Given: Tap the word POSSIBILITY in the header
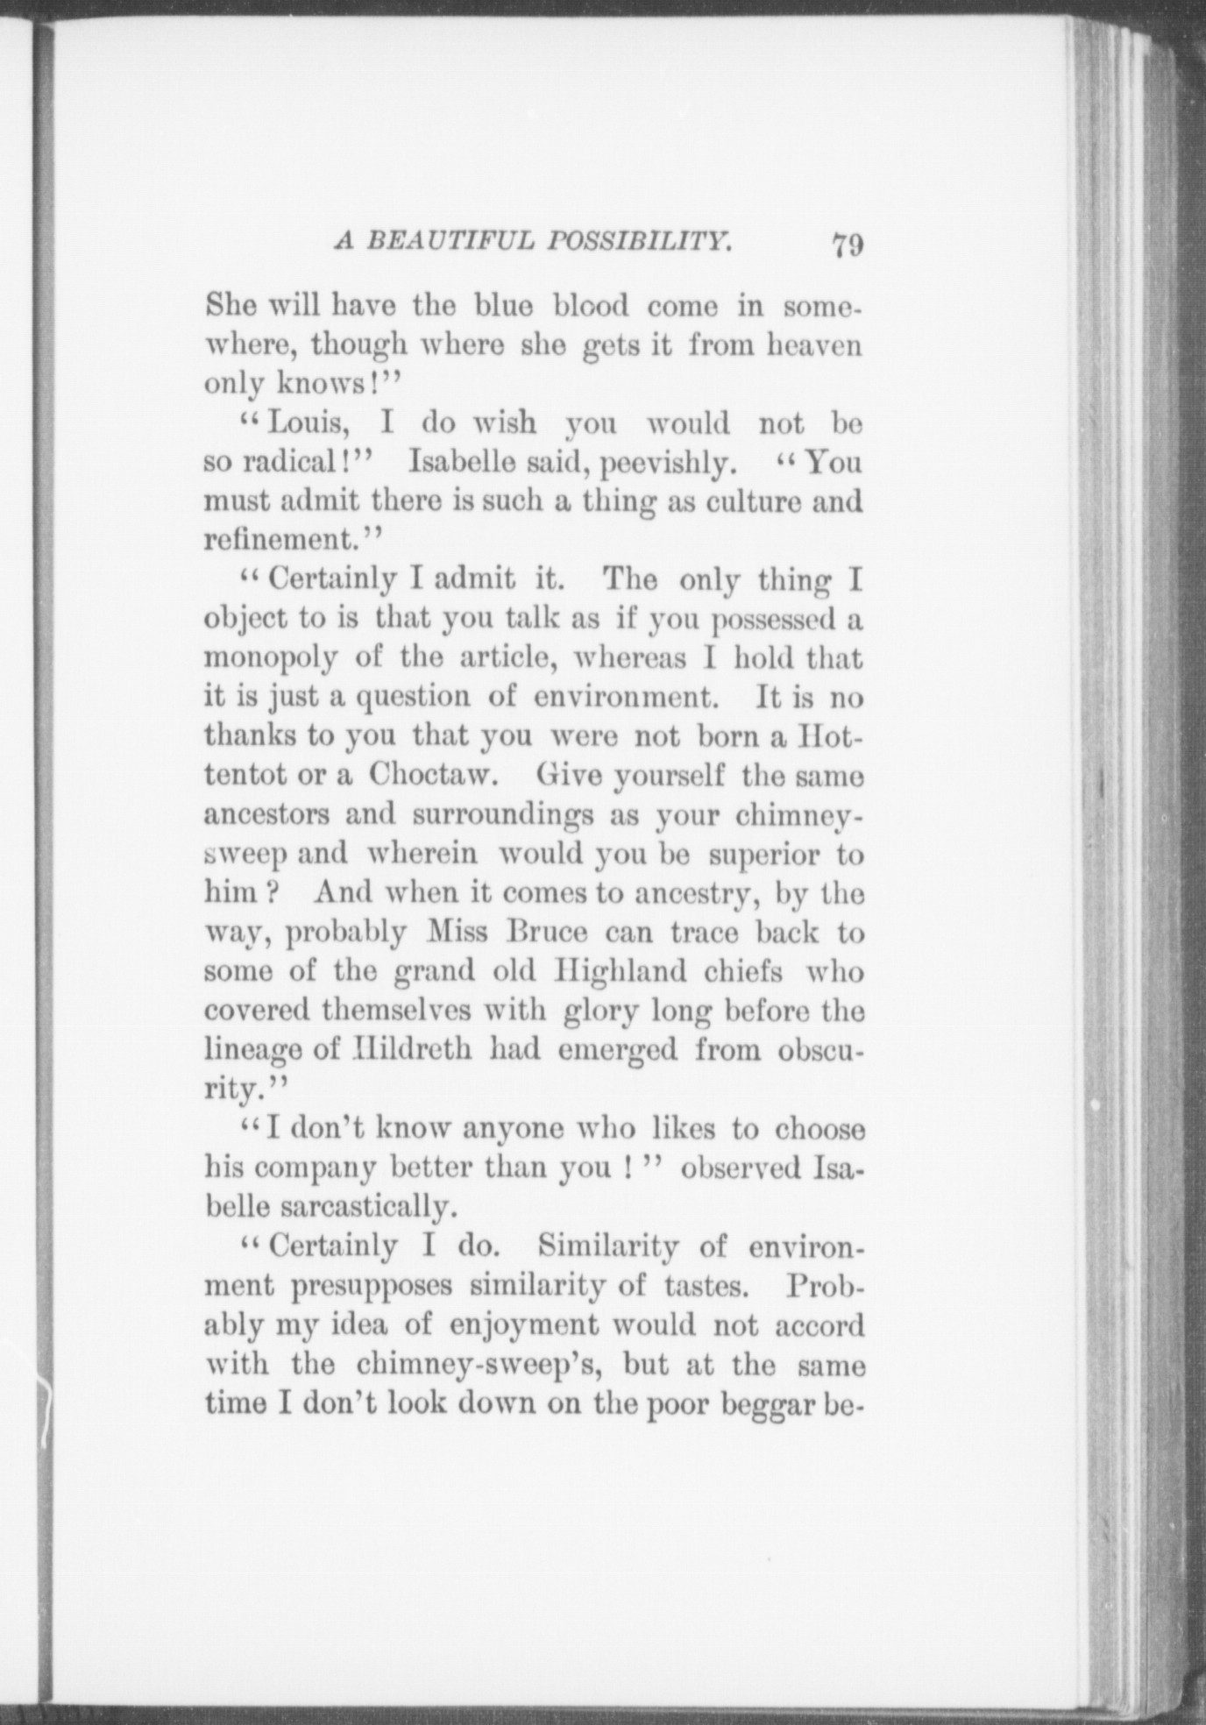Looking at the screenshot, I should click(x=638, y=240).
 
